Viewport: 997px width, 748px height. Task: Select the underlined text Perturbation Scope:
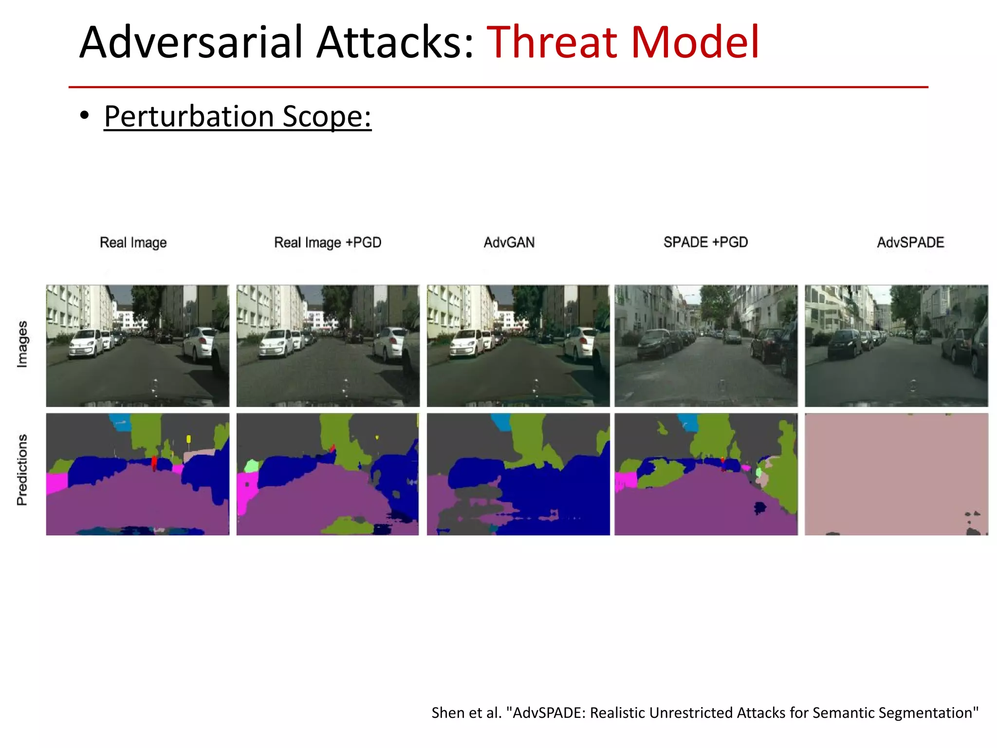click(x=238, y=117)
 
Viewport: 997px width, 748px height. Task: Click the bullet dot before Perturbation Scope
click(x=85, y=116)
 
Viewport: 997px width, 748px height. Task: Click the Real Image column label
click(x=133, y=243)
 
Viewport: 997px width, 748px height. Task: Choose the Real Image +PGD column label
click(x=328, y=243)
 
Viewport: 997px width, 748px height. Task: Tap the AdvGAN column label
click(x=509, y=243)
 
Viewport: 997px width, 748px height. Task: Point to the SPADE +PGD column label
click(x=705, y=242)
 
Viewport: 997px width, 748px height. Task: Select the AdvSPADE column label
click(x=910, y=243)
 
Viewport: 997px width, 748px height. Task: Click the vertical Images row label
click(x=22, y=344)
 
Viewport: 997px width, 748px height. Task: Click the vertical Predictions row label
click(x=22, y=470)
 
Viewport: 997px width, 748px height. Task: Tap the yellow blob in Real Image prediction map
click(x=188, y=439)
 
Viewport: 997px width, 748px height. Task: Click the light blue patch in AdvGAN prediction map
click(x=501, y=422)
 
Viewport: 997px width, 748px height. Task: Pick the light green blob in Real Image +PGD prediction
click(x=251, y=466)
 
